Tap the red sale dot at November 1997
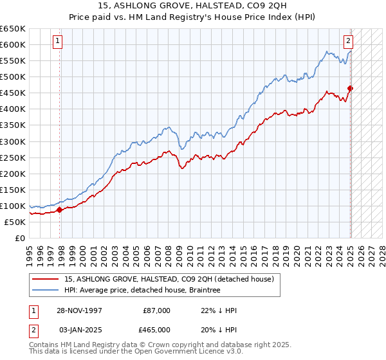(x=59, y=209)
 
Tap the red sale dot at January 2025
(x=350, y=88)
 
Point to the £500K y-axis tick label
(x=13, y=76)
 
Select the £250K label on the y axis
(x=13, y=157)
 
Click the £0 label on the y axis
(x=20, y=238)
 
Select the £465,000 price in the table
(x=156, y=329)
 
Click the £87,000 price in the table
(x=156, y=310)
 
